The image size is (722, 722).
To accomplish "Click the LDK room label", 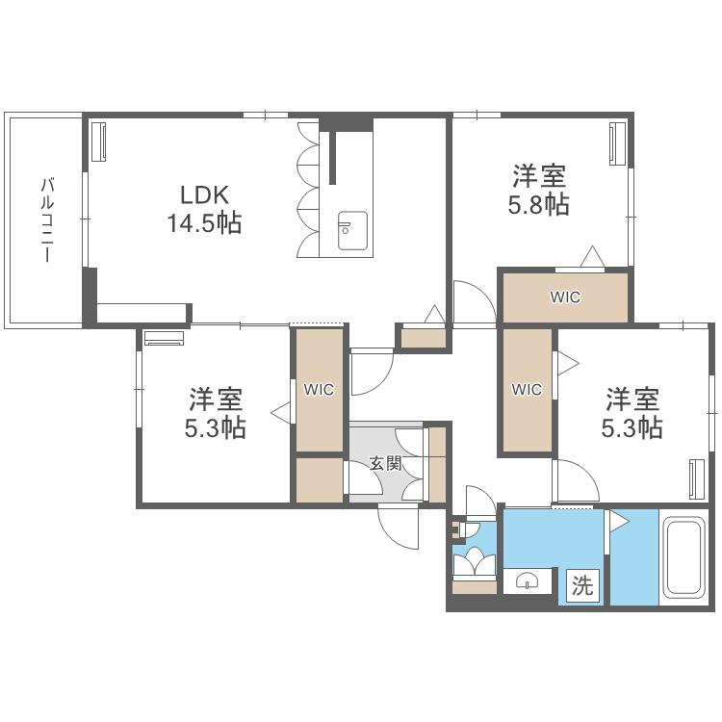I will pos(202,194).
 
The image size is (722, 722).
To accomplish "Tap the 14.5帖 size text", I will pos(202,223).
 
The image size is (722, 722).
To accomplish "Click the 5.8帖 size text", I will pos(538,204).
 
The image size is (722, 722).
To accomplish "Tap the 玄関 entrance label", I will pos(385,463).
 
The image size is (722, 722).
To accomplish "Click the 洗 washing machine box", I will pos(582,585).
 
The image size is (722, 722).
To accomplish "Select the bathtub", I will pos(685,557).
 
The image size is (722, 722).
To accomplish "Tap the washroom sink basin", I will pos(528,580).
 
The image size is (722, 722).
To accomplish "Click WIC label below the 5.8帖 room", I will pos(565,297).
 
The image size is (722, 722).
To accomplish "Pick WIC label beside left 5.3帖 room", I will pos(319,389).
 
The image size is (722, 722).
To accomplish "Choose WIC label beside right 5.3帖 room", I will pos(527,389).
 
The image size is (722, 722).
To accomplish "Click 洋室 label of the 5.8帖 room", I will pos(538,176).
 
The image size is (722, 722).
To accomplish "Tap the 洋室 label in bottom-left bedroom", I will pos(215,398).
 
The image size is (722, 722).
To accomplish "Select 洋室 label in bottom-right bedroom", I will pos(632,398).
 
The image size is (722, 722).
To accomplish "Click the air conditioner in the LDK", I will pos(98,142).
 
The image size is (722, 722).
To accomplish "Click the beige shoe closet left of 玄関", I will pos(320,479).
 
